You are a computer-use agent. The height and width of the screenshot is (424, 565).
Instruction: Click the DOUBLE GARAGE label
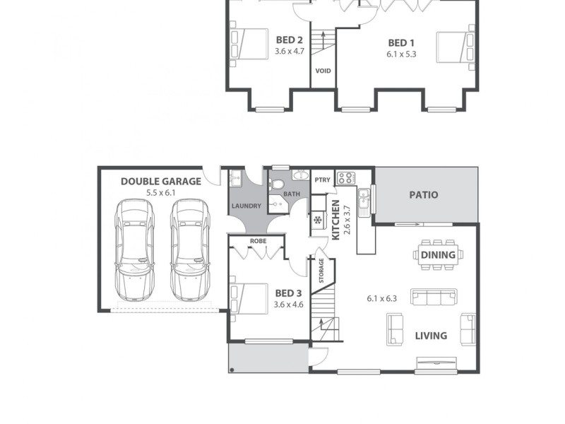pos(161,181)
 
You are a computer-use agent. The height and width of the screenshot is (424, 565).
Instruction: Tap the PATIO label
pos(423,195)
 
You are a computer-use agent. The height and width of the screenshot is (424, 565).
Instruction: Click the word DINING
pos(438,254)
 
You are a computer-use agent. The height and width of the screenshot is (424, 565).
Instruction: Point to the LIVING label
pos(431,336)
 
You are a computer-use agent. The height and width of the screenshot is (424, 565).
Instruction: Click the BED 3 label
pos(288,293)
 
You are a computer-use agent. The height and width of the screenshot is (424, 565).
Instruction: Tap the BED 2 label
pos(290,40)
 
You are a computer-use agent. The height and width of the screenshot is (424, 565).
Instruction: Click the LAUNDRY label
pos(245,206)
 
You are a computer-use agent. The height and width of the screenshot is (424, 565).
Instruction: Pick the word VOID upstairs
pos(323,71)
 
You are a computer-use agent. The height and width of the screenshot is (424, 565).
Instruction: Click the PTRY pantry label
pos(322,179)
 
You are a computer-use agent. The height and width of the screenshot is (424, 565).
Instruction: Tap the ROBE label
pos(257,240)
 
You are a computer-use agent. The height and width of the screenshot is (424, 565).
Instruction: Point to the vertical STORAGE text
pos(321,271)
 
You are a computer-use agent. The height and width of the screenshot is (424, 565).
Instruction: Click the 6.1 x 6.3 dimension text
pos(382,298)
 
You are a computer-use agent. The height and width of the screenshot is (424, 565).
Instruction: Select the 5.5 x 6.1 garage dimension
pos(161,192)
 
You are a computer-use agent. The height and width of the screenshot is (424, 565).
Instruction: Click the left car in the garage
pos(136,247)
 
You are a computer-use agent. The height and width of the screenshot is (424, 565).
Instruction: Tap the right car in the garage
pos(190,247)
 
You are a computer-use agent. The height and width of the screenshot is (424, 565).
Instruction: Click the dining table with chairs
pos(438,255)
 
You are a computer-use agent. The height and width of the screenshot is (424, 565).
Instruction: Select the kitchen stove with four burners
pos(345,178)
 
